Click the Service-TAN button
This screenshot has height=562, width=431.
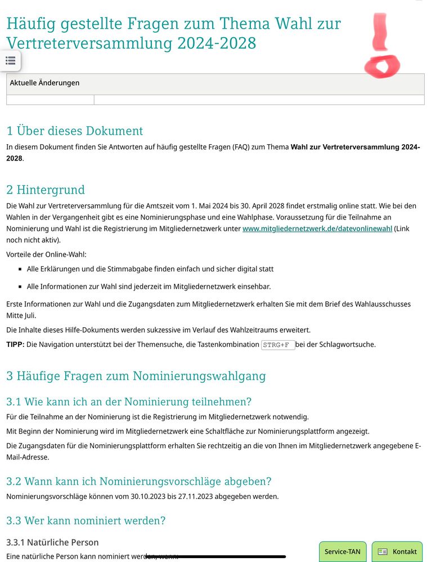[342, 551]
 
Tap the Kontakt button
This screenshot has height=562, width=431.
[397, 551]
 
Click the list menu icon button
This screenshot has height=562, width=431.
[10, 60]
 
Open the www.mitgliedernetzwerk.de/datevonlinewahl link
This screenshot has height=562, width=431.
[317, 229]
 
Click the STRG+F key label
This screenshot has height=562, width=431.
[278, 345]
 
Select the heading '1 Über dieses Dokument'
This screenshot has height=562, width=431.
[75, 131]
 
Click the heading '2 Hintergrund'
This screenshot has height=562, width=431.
[46, 190]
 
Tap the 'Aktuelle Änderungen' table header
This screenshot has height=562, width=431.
[45, 83]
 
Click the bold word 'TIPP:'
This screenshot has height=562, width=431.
[15, 345]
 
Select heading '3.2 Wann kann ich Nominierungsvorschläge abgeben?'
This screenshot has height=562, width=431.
[139, 481]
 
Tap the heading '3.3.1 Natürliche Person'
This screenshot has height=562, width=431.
[52, 542]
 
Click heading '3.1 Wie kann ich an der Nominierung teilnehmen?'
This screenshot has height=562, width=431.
[129, 402]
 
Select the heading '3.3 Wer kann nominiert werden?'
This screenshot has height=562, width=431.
[86, 521]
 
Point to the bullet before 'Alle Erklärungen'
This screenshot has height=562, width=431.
[20, 270]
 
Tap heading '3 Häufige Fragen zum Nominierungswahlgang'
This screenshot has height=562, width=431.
[136, 376]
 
